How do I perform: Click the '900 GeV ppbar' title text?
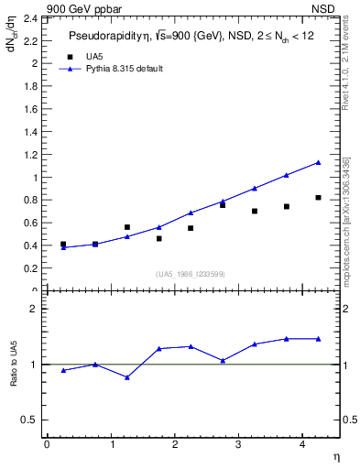[79, 8]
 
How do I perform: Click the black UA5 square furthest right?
[318, 197]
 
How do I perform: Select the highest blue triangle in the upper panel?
[318, 162]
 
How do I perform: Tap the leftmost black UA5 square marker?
[63, 245]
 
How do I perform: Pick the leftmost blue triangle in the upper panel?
[63, 247]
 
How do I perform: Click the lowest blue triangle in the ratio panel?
[127, 377]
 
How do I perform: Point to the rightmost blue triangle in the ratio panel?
[318, 339]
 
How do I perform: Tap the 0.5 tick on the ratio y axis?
[30, 420]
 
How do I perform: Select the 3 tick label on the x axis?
[238, 445]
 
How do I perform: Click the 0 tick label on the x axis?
[47, 445]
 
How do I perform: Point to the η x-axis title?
[335, 455]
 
